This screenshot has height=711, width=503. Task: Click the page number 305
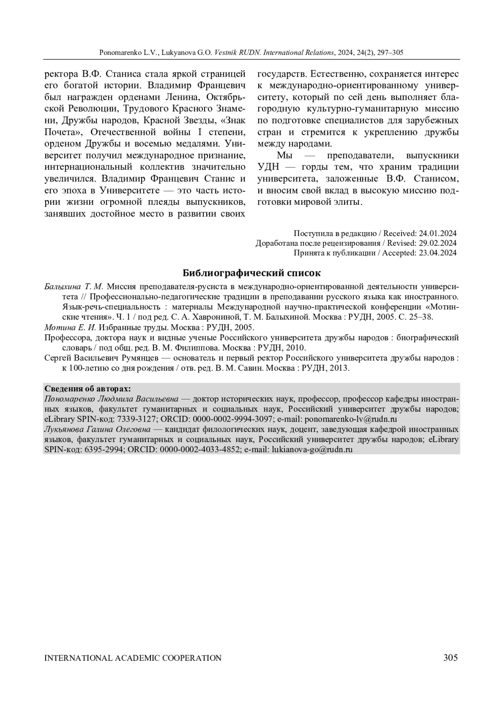(450, 657)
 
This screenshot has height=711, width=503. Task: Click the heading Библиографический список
(251, 273)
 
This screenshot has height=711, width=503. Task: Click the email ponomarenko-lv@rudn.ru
(351, 419)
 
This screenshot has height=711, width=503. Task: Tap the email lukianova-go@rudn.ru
(312, 450)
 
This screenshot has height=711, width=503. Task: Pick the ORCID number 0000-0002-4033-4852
(200, 450)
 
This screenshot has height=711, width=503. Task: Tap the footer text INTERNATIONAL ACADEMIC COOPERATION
(133, 658)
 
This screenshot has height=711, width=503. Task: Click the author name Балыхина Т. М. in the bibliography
(74, 286)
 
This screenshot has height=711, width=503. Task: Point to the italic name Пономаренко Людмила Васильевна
(111, 398)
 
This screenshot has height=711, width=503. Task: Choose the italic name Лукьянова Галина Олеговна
(97, 429)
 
